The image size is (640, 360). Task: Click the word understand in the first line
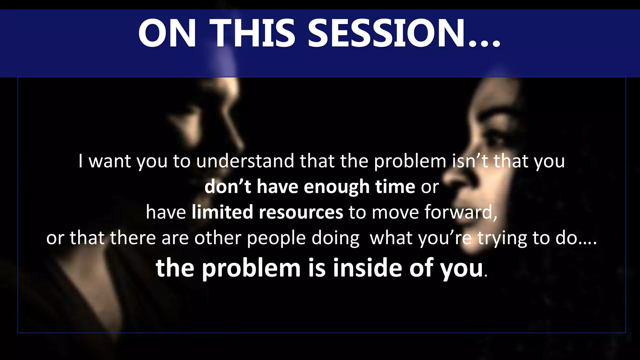pyautogui.click(x=245, y=161)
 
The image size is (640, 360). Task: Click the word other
pyautogui.click(x=218, y=238)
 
